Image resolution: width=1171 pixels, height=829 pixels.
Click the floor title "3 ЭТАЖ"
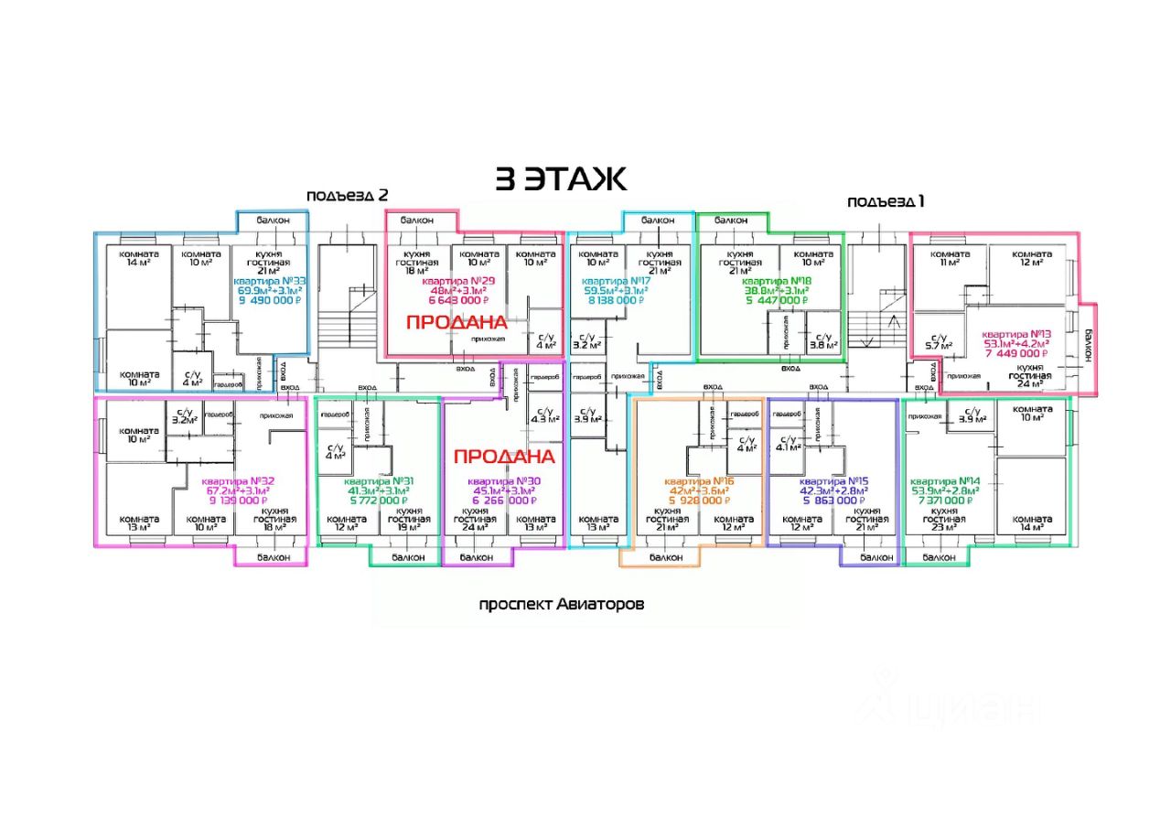pyautogui.click(x=561, y=179)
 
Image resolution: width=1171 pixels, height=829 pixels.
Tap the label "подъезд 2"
pyautogui.click(x=348, y=195)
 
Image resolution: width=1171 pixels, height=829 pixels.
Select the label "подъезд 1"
pyautogui.click(x=886, y=201)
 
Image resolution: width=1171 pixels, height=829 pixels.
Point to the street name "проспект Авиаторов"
pyautogui.click(x=562, y=605)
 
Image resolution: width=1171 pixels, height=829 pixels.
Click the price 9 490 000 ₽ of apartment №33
pyautogui.click(x=270, y=299)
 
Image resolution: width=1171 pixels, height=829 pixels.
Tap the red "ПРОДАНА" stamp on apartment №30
pyautogui.click(x=504, y=456)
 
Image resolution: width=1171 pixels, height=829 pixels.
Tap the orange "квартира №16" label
pyautogui.click(x=699, y=481)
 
